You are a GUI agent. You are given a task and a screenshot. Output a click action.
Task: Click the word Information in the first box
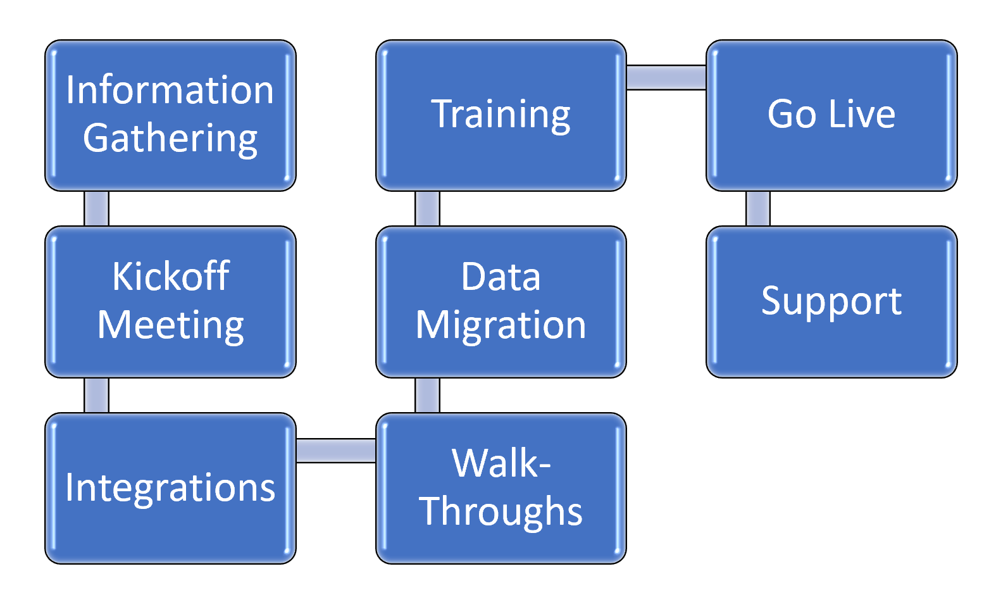170,90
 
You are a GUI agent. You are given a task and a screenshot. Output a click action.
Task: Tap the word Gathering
170,139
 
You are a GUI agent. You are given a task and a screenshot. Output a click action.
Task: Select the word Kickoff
170,277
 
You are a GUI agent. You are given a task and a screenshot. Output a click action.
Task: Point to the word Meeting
170,325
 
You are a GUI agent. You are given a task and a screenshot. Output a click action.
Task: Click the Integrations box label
170,488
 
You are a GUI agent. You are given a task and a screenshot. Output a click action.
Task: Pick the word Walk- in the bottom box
501,463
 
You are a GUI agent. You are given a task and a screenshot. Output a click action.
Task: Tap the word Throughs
501,511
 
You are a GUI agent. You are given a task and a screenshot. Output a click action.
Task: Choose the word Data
501,277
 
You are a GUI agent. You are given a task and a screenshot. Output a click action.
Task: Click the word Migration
501,325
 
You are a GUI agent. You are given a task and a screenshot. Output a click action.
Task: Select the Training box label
501,115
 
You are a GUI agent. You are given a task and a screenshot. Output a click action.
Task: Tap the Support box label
831,301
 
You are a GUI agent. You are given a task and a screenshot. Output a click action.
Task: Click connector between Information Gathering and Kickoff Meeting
96,208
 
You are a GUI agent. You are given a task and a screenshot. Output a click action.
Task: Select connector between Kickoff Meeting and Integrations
96,395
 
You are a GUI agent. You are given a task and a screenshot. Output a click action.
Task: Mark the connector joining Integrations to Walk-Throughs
335,451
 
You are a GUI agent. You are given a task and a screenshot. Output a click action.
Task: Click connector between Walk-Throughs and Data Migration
427,395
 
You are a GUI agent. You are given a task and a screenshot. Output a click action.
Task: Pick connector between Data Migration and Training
427,208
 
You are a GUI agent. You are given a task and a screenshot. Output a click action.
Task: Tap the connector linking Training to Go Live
666,77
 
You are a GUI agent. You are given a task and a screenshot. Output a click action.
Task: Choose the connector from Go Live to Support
757,208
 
